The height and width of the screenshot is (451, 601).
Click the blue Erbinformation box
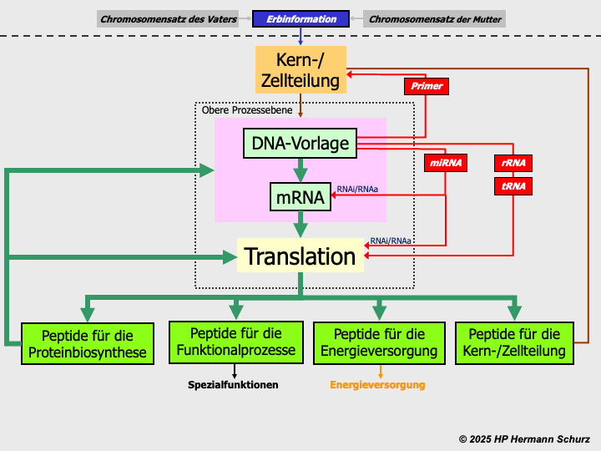click(x=300, y=18)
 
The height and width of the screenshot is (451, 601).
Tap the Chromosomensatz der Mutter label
click(x=435, y=18)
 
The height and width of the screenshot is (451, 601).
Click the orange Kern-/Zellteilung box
click(x=300, y=70)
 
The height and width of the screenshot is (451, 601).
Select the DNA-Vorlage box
click(x=300, y=144)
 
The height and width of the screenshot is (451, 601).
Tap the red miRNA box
click(x=446, y=164)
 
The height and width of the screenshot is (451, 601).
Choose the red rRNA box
click(x=513, y=164)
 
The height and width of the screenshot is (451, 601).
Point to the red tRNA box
click(x=513, y=186)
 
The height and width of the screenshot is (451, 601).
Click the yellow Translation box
click(x=300, y=256)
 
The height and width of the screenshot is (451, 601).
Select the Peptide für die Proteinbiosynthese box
click(x=88, y=343)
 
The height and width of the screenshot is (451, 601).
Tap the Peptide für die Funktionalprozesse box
click(x=235, y=342)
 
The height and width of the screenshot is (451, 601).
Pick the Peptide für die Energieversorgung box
click(x=379, y=342)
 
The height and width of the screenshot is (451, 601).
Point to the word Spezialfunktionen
click(x=234, y=385)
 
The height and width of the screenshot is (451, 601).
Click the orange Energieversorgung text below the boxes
click(x=377, y=385)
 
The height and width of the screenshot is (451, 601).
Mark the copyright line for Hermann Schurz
click(x=524, y=438)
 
